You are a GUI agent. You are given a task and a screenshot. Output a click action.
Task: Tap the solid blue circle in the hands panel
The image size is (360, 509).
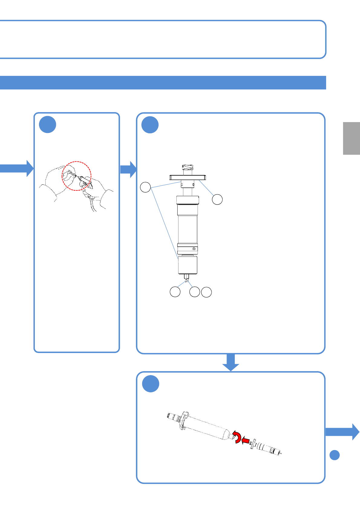coord(47,125)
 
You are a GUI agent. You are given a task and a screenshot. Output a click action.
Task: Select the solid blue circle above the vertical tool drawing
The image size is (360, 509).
coord(150,125)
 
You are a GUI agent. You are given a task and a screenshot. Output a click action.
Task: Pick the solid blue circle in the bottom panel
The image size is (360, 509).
coord(151,384)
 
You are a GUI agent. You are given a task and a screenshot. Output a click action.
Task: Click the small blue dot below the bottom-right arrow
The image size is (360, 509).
coord(334,455)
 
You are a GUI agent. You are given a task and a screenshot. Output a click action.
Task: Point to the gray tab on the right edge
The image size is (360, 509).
coord(351,138)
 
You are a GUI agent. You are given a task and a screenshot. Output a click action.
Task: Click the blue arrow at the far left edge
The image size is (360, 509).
coord(17,168)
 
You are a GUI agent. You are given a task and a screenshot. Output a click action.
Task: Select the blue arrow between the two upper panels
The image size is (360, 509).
coord(129,169)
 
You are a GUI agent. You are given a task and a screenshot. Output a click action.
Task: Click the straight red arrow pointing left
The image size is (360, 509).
coord(245,441)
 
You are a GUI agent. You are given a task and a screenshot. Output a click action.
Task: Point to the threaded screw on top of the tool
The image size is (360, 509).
coord(187,168)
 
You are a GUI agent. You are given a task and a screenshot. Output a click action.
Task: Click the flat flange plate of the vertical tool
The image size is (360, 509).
coord(188,177)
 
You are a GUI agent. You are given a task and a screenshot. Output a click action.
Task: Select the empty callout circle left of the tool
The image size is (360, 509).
coord(146,187)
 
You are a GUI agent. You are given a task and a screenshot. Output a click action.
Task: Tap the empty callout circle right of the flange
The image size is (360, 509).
coord(217,199)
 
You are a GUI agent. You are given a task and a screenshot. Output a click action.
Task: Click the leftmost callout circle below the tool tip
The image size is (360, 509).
coord(175,292)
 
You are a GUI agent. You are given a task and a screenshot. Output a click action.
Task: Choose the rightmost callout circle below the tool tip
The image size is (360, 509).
coord(206,292)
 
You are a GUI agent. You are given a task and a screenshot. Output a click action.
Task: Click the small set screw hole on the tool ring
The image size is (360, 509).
coord(194,249)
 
